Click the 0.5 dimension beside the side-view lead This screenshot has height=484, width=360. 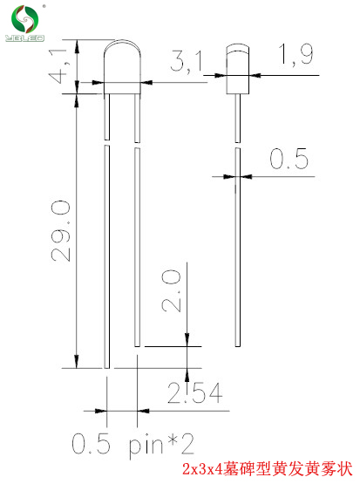pyautogui.click(x=289, y=160)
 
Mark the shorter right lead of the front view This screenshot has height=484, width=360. pyautogui.click(x=137, y=244)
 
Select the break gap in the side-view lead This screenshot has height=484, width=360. pyautogui.click(x=238, y=144)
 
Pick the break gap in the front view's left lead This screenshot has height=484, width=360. pyautogui.click(x=106, y=144)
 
